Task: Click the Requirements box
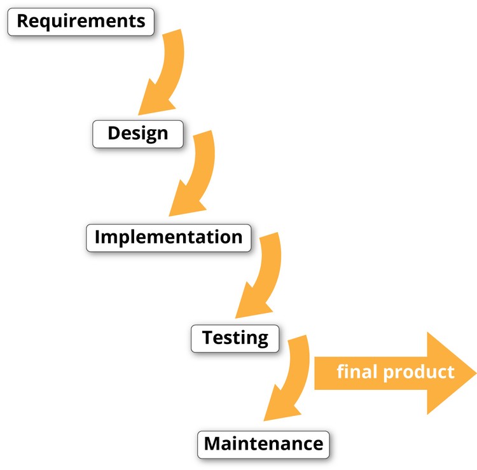pyautogui.click(x=80, y=22)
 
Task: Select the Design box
pyautogui.click(x=138, y=134)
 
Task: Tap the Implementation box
pyautogui.click(x=169, y=237)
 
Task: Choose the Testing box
pyautogui.click(x=235, y=337)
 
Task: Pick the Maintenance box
pyautogui.click(x=263, y=443)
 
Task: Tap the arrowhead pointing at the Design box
pyautogui.click(x=152, y=102)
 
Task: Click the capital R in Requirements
pyautogui.click(x=23, y=22)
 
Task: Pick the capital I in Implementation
pyautogui.click(x=97, y=237)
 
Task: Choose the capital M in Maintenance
pyautogui.click(x=214, y=443)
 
